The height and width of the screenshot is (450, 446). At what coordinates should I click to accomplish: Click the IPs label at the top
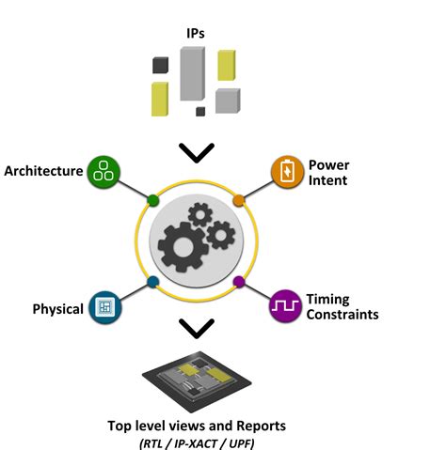coord(196,33)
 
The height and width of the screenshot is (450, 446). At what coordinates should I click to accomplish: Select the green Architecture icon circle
coord(104,172)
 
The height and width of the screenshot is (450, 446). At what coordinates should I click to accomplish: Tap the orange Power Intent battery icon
coord(287,172)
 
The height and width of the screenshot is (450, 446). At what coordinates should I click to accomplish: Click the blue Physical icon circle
coord(104,307)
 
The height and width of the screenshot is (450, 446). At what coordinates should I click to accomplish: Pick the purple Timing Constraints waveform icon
coord(285,305)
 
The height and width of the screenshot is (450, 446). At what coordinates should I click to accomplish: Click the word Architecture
coord(43,171)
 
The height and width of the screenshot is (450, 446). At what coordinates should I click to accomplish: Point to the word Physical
coord(58,309)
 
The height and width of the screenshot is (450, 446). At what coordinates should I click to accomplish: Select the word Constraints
coord(342,315)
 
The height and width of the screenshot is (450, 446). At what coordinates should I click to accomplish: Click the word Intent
coord(327,180)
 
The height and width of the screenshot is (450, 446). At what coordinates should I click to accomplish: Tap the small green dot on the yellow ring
coord(152,200)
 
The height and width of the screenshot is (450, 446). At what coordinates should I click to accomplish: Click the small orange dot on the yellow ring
coord(239,200)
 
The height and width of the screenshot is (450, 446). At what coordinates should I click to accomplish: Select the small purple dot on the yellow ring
coord(239,282)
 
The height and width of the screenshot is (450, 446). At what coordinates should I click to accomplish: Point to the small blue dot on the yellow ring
coord(152,282)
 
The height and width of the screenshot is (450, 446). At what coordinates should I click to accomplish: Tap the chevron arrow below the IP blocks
coord(197,153)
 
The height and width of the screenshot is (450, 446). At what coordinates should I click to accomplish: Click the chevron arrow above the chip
coord(197,329)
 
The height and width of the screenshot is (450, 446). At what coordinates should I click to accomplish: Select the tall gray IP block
coord(192,73)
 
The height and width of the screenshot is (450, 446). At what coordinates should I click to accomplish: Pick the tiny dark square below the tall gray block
coord(200,112)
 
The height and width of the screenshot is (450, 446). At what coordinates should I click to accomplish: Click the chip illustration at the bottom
coord(197,381)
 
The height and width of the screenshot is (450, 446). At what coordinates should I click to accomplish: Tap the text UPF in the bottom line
coord(241,443)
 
